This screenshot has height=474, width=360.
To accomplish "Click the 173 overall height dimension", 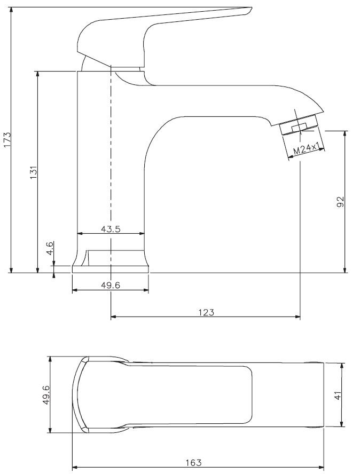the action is tap(7, 140).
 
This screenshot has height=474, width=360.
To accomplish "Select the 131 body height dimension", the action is tap(33, 172).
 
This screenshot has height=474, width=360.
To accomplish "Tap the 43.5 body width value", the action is tap(111, 229).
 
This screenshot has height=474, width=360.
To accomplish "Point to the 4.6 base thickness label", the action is tap(50, 248).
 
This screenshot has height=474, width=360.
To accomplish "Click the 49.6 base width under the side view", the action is tap(111, 285).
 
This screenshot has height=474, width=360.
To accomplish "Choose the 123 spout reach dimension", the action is tap(206, 312).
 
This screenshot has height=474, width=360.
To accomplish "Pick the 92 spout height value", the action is tap(340, 202).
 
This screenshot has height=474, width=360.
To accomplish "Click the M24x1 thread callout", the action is tap(306, 149).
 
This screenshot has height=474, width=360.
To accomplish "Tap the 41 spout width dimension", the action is tap(338, 395).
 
